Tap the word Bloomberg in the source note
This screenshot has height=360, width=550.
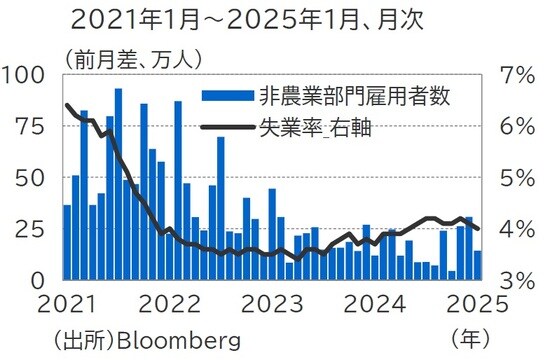179,340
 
